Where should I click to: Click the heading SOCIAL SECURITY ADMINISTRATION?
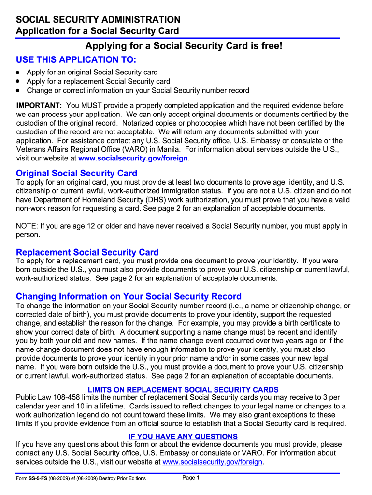click(98, 20)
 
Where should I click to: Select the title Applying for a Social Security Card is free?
click(183, 46)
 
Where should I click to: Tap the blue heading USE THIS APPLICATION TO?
click(76, 60)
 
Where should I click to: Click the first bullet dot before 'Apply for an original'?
click(18, 73)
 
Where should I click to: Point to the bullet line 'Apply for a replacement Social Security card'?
click(98, 82)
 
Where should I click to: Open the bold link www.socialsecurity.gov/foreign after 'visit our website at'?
click(133, 159)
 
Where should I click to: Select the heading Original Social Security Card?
click(76, 173)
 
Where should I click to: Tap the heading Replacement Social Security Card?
click(87, 252)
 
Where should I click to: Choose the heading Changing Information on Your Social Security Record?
click(129, 296)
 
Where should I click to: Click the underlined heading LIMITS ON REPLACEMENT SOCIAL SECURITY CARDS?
click(183, 390)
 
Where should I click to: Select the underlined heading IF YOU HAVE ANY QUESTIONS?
click(183, 437)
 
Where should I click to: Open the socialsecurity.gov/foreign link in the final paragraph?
click(213, 462)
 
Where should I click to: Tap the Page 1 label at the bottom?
click(191, 478)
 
